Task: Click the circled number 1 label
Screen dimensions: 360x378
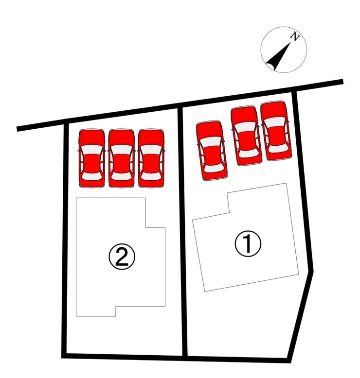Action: click(248, 243)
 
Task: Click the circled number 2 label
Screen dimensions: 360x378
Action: click(122, 257)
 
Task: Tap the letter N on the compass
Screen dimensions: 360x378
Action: click(295, 37)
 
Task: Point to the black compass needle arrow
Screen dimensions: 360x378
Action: click(279, 56)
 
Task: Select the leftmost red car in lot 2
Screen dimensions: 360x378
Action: click(92, 158)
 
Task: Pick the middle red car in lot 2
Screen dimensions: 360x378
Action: click(122, 158)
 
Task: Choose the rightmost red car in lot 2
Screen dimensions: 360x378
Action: click(151, 158)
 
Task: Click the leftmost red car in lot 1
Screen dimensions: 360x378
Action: click(212, 151)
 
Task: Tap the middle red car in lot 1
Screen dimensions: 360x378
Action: click(246, 136)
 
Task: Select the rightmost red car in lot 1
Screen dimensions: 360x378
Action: click(276, 131)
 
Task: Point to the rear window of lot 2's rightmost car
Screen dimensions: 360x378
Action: click(151, 176)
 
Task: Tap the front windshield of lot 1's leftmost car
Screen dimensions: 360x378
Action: click(210, 142)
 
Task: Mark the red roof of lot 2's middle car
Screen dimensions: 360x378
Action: click(122, 163)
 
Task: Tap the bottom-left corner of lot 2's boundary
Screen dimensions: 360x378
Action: click(64, 356)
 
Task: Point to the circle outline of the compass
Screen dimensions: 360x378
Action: click(261, 50)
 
